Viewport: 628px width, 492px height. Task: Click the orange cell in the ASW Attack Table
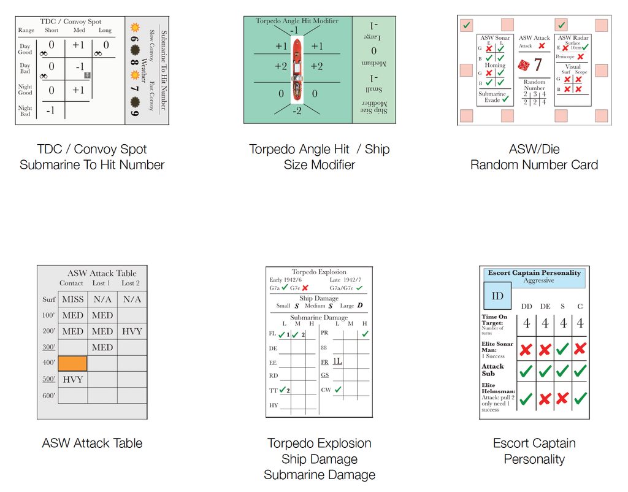coord(72,363)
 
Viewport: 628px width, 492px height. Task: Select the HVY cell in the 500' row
coord(72,379)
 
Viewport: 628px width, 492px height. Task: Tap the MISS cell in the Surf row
coord(72,299)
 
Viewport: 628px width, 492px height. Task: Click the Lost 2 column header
coord(131,283)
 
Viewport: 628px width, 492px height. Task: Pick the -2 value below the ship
coord(297,110)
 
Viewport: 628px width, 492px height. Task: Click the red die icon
coord(525,65)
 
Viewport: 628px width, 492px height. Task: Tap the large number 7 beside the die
coord(538,65)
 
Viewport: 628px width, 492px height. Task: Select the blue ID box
coord(497,296)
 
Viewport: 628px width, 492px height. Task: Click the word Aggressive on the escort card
coord(538,280)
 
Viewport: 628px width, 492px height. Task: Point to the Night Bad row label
coord(25,110)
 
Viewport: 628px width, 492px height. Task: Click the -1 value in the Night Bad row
coord(52,111)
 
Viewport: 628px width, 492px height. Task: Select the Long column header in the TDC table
coord(105,30)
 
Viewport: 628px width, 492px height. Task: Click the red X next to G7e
coord(305,287)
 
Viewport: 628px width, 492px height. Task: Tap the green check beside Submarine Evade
coord(505,99)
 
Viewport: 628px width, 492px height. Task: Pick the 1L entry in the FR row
coord(338,361)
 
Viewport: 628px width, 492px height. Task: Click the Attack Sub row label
coord(492,369)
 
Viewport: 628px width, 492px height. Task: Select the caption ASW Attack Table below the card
coord(92,443)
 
